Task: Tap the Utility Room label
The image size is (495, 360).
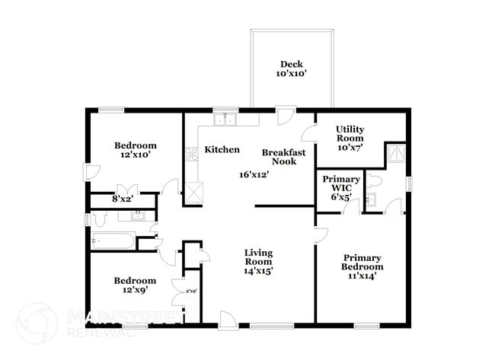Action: click(x=350, y=139)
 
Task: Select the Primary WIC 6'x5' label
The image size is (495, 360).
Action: click(x=341, y=188)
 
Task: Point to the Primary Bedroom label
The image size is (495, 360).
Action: click(x=362, y=266)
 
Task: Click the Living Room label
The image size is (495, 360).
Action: click(x=258, y=261)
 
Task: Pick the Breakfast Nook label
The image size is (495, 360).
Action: click(x=283, y=157)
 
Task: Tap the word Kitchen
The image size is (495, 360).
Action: click(x=222, y=150)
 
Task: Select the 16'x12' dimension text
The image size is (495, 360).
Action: click(x=255, y=174)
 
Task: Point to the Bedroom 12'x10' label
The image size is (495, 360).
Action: click(x=136, y=150)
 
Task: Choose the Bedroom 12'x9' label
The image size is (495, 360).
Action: click(x=136, y=285)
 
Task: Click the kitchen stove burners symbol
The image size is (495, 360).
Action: click(x=192, y=155)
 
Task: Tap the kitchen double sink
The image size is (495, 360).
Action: click(x=225, y=119)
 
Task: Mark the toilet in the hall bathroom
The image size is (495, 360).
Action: click(x=98, y=220)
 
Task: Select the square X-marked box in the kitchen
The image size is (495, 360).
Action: click(x=194, y=192)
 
